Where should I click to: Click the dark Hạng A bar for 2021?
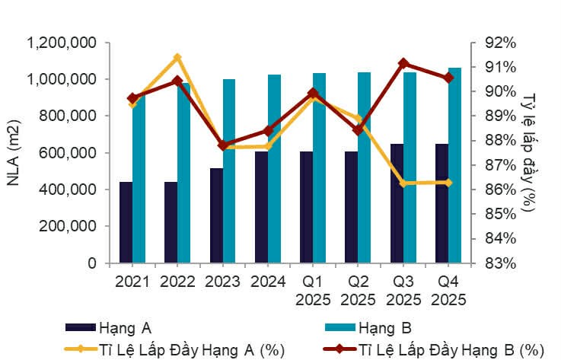pos(126,222)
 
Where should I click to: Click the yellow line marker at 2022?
pos(177,57)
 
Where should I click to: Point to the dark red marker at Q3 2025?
pos(403,63)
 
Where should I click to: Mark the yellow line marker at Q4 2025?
pos(448,183)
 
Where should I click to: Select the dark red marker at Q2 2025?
pos(358,130)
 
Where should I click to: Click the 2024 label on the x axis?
pos(267,282)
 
